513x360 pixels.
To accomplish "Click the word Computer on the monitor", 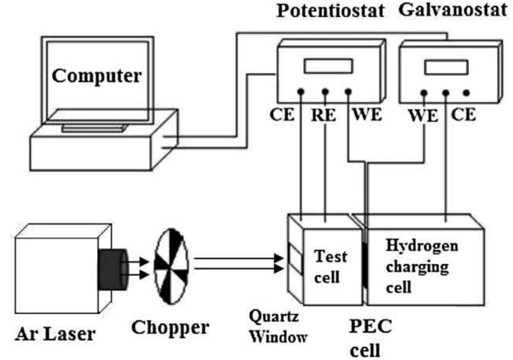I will (x=97, y=76).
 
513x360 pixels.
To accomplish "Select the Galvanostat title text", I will (x=452, y=10).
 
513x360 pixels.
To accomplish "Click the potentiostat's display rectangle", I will (x=328, y=66).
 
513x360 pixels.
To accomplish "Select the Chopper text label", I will (x=170, y=328).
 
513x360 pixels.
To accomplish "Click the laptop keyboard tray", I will (x=94, y=128).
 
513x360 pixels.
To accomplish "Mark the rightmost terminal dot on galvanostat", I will (x=466, y=93).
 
